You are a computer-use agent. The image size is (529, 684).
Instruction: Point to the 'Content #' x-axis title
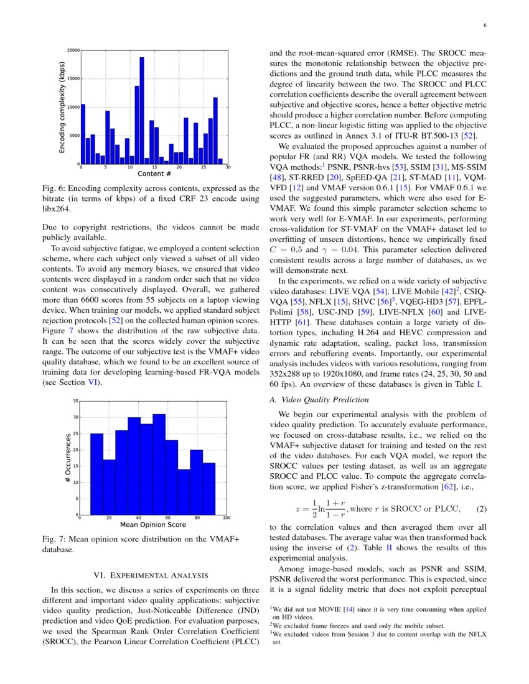coord(154,174)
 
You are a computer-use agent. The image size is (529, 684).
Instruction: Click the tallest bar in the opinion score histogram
coord(159,464)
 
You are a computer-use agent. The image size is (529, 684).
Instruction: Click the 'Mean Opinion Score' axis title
coord(153,525)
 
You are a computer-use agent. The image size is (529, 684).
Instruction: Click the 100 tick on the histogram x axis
coord(226,518)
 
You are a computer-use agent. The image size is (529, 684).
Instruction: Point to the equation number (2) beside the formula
coord(480,509)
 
